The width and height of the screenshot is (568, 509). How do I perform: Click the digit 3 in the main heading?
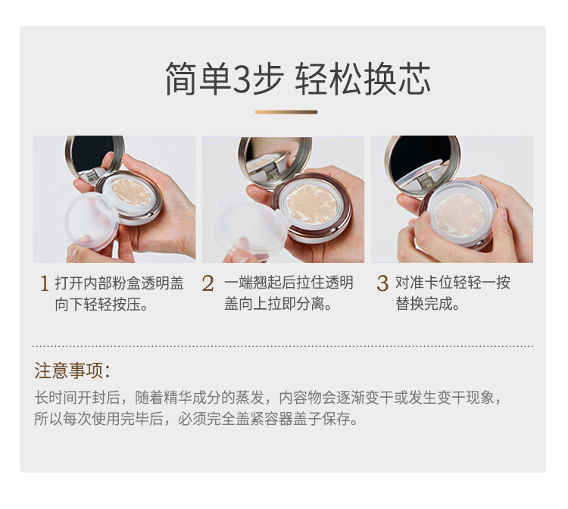pyautogui.click(x=241, y=79)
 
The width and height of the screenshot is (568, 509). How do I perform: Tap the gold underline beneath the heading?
pyautogui.click(x=286, y=112)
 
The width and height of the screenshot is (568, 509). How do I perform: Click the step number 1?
pyautogui.click(x=44, y=283)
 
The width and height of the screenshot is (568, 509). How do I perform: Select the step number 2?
pyautogui.click(x=208, y=283)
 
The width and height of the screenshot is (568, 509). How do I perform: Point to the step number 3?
pyautogui.click(x=382, y=283)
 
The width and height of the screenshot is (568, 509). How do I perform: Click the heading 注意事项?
pyautogui.click(x=73, y=370)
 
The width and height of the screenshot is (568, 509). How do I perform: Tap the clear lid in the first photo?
pyautogui.click(x=92, y=221)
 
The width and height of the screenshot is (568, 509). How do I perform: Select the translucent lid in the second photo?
pyautogui.click(x=250, y=229)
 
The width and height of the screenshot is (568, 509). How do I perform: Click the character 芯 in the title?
pyautogui.click(x=415, y=79)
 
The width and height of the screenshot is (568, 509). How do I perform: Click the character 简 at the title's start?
pyautogui.click(x=183, y=79)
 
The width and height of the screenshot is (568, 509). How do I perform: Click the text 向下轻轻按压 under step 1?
pyautogui.click(x=98, y=304)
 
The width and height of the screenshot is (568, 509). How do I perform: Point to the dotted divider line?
pyautogui.click(x=282, y=346)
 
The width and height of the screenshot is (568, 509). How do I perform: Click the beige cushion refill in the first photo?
pyautogui.click(x=130, y=191)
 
